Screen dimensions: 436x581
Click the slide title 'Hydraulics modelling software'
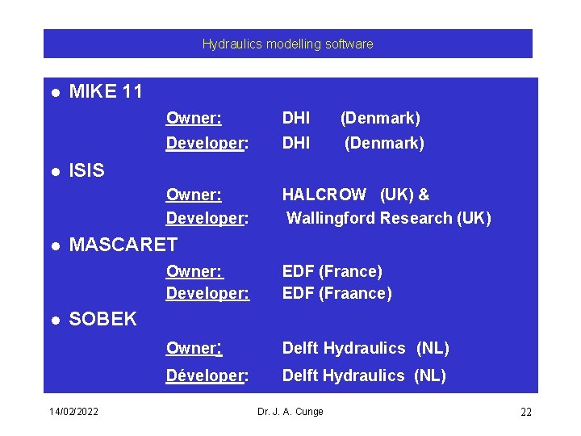[287, 44]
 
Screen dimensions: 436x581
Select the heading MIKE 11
[106, 92]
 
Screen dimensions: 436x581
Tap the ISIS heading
[87, 170]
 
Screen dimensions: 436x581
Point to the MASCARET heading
[123, 245]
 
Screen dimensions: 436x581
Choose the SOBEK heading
[103, 319]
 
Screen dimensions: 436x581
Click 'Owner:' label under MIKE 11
[194, 119]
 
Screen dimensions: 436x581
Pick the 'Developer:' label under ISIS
[207, 218]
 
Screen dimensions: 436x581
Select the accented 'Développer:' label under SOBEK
[207, 375]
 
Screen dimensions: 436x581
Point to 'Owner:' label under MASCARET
[194, 271]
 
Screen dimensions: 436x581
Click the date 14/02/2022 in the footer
[73, 412]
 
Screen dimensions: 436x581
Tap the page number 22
[525, 413]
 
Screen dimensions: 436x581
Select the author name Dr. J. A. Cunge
[290, 412]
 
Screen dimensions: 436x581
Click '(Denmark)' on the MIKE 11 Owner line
[380, 119]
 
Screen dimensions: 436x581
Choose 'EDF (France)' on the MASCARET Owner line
[332, 271]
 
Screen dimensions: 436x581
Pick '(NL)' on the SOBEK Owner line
[433, 349]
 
